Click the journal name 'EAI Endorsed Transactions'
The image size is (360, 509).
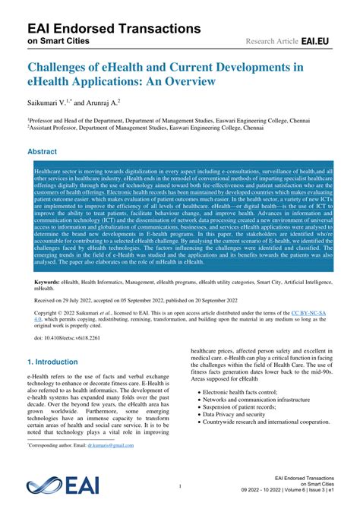point(103,28)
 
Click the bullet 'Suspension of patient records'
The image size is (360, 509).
point(242,449)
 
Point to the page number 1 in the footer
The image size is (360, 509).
point(180,486)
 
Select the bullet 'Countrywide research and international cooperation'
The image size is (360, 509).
point(265,464)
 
